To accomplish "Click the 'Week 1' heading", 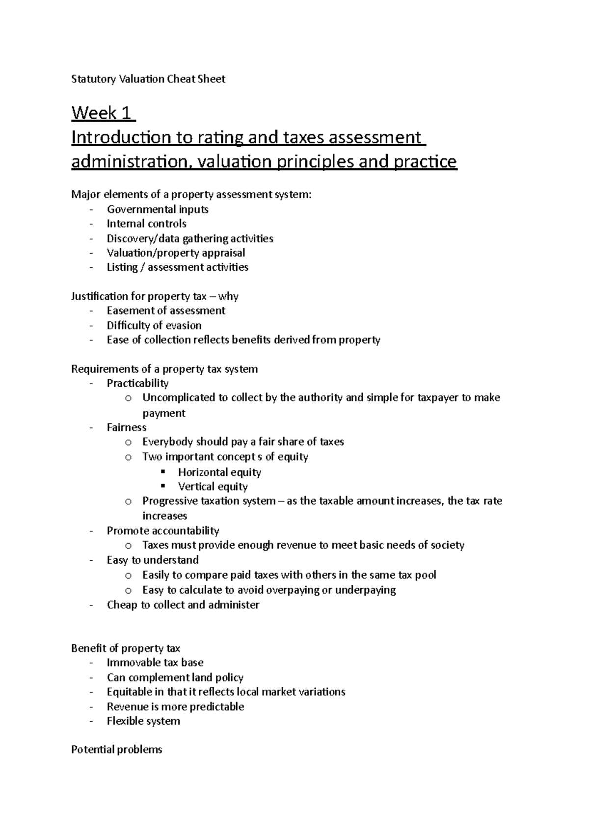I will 102,113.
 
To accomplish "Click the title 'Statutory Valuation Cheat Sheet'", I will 148,79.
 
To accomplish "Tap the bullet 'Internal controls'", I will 146,224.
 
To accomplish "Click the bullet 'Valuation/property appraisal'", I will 176,253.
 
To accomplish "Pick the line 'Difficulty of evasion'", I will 154,325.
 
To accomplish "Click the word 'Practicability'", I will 137,383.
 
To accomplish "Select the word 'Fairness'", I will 127,427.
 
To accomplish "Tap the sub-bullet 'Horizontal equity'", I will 219,472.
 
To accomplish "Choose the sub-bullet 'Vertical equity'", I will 213,487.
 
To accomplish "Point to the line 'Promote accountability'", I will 163,530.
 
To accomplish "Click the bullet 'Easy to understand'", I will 153,560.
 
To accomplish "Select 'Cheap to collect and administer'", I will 183,604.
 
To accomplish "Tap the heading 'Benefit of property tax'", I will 126,648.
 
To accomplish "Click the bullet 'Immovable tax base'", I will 155,663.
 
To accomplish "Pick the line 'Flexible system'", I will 143,721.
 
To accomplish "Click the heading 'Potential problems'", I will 116,750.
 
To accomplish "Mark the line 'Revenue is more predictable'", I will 175,706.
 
